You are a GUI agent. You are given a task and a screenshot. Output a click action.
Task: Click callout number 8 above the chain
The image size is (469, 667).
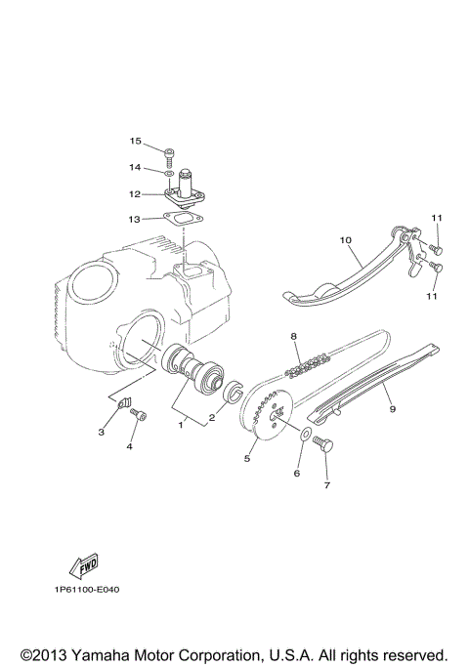(x=291, y=337)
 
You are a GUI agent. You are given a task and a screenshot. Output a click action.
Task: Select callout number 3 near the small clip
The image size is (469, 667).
(x=101, y=430)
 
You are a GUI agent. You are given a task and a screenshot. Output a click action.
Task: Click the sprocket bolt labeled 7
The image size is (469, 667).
(x=325, y=447)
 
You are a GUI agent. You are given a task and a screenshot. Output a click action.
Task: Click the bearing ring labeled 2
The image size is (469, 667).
(x=234, y=393)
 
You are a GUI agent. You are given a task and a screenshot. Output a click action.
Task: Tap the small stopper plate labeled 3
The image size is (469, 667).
(x=123, y=402)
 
